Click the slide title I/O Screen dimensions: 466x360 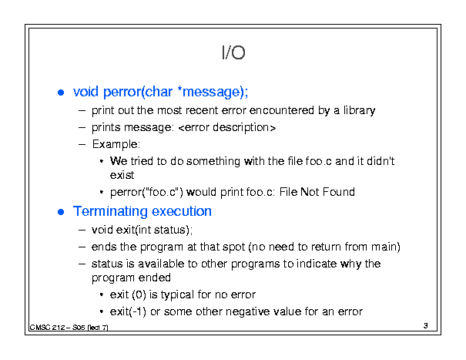coord(233,52)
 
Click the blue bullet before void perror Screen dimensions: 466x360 coord(61,93)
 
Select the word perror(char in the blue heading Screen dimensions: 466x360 coord(138,92)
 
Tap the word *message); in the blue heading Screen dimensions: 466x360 coord(213,92)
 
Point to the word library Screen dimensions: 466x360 coord(359,110)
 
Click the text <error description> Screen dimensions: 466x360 coord(227,127)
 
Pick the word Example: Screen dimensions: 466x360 coord(116,144)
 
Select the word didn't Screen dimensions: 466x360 coord(381,161)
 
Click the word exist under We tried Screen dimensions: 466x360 coord(122,175)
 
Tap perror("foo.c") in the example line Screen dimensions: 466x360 coord(146,192)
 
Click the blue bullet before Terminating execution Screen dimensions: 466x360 coord(61,212)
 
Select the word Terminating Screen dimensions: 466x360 coord(110,211)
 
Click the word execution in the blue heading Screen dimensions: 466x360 coord(182,211)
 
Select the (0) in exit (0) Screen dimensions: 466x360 coord(139,294)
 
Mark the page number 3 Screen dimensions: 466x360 coord(426,325)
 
